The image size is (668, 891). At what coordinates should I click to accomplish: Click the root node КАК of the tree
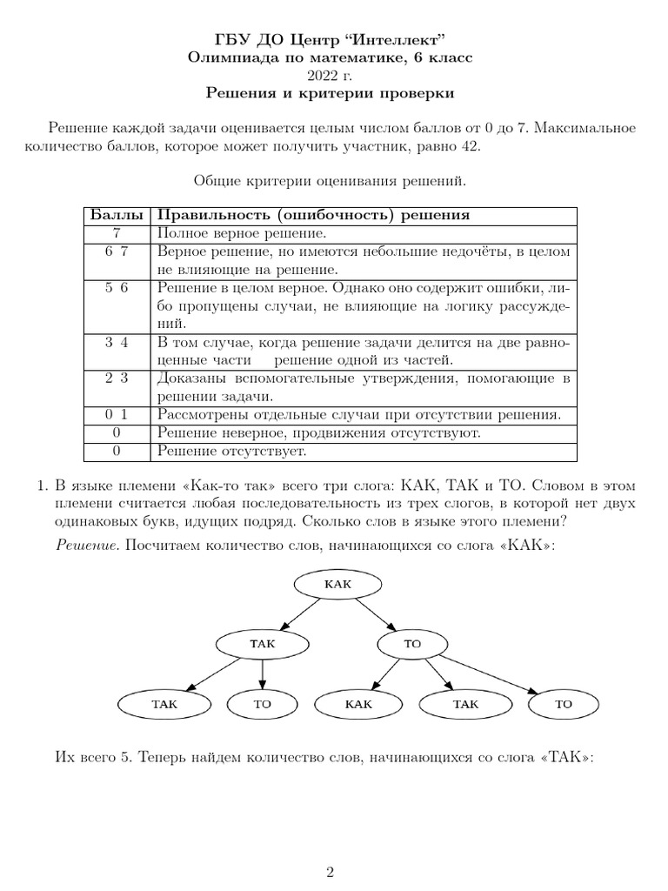337,584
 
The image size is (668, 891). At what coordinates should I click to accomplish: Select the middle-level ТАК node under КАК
262,643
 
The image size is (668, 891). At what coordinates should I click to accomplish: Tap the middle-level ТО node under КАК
412,643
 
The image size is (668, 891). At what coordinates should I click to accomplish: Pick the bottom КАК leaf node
357,704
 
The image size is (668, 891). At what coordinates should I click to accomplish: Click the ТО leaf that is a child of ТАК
263,704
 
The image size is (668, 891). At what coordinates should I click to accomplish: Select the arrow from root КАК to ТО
376,614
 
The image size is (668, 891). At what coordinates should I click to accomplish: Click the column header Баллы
117,216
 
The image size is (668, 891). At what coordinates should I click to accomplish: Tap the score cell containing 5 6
117,289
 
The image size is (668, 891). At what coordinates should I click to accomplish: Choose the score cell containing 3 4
117,342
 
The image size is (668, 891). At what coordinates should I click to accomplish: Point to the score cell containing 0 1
117,415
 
